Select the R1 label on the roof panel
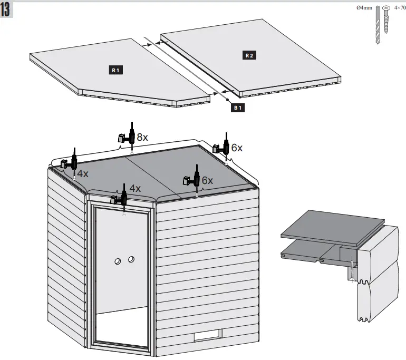[115, 70]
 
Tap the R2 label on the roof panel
[249, 55]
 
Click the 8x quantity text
[142, 137]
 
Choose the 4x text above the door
[135, 188]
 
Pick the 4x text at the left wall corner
[82, 173]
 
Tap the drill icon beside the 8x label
[128, 137]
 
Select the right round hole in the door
[131, 259]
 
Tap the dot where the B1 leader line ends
[227, 99]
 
